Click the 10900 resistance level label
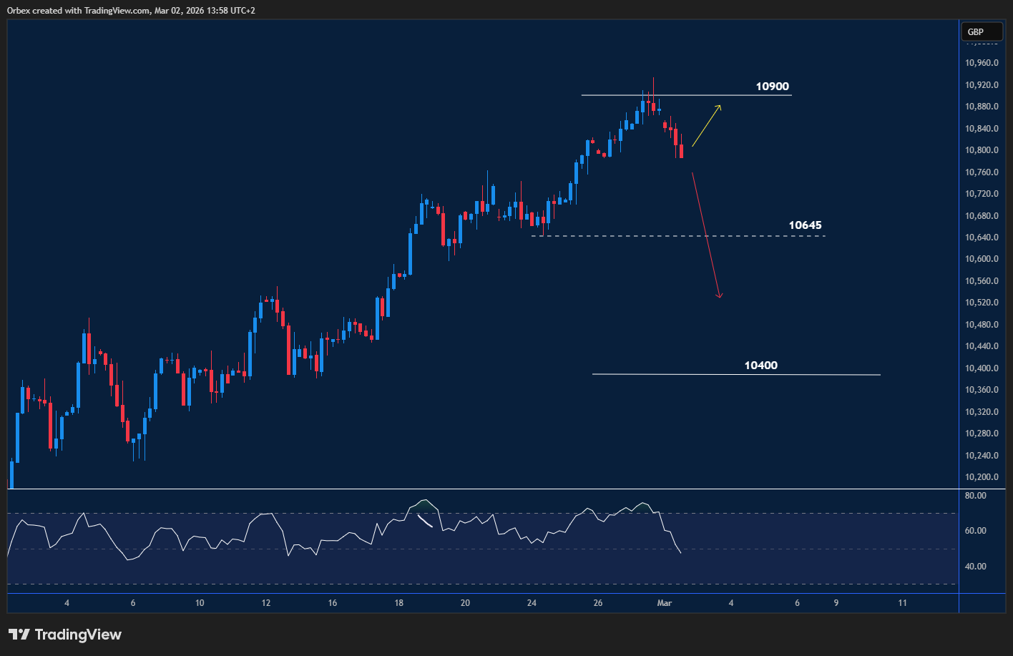tap(772, 87)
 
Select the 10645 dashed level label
tap(805, 225)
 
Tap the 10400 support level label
tap(760, 366)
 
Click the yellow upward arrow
tap(706, 126)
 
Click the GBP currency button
tap(975, 32)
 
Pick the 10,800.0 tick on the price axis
tap(982, 150)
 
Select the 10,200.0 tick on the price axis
tap(982, 477)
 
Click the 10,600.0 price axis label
tap(982, 259)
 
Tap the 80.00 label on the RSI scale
tap(976, 495)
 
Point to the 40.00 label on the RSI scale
tap(976, 566)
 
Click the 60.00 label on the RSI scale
tap(976, 531)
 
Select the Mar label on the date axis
tap(665, 603)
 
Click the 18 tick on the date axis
tap(398, 603)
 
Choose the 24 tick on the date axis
tap(532, 603)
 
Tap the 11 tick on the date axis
tap(902, 603)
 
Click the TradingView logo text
tap(77, 635)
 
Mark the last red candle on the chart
tap(681, 151)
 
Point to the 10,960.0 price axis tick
tap(982, 63)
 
